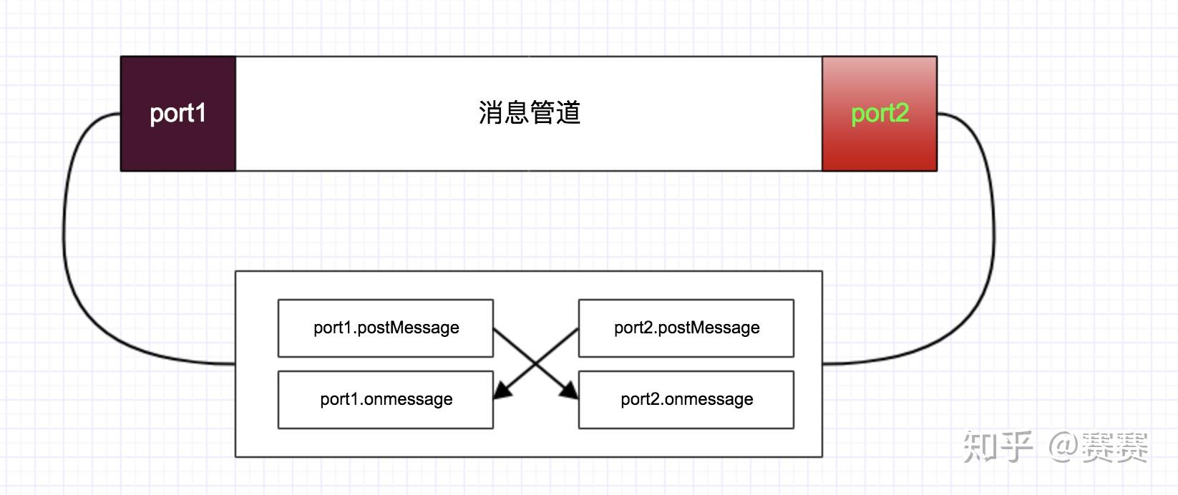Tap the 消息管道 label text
tap(529, 113)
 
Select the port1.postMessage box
tap(385, 328)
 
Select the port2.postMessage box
tap(686, 328)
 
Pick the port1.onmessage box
tap(385, 399)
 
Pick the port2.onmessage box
tap(686, 399)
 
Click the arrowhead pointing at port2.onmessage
tap(570, 391)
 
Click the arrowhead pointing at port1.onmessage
tap(502, 391)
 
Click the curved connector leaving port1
tap(68, 236)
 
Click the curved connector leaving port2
tap(991, 236)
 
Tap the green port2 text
tap(880, 113)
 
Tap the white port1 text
tap(178, 113)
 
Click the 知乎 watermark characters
tap(998, 446)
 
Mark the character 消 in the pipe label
tap(491, 113)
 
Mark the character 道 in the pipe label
tap(568, 113)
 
